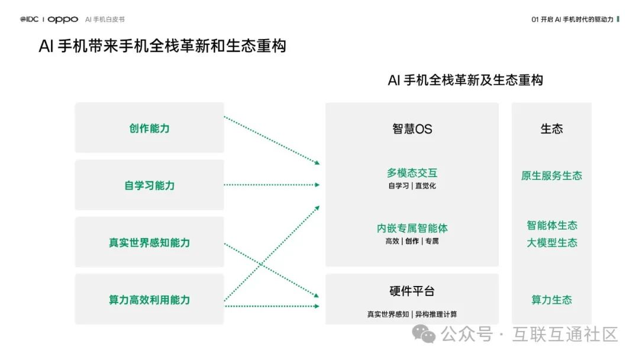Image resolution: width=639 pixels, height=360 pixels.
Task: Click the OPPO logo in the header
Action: (63, 20)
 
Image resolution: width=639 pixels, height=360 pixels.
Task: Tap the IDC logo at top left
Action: (29, 20)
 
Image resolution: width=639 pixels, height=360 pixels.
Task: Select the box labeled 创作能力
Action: (149, 128)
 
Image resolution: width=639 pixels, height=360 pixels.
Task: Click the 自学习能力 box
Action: (149, 185)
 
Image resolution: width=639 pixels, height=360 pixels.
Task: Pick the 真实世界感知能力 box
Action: (149, 243)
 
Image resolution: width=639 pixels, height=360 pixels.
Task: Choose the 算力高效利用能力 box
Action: (149, 300)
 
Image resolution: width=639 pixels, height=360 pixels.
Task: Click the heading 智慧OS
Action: (412, 128)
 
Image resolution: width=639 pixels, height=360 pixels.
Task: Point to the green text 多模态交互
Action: (412, 173)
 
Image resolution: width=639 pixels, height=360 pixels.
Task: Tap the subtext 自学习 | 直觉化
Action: (412, 186)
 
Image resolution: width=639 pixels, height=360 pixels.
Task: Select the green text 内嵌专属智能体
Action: (412, 228)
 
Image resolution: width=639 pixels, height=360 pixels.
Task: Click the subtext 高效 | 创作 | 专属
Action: (412, 241)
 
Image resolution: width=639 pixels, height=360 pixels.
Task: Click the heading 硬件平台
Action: (412, 291)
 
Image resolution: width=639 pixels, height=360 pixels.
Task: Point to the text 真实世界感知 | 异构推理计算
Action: (412, 314)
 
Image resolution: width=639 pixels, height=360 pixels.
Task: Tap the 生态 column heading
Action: (551, 128)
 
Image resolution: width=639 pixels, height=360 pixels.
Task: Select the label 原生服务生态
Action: (551, 176)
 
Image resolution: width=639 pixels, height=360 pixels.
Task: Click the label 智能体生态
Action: (551, 226)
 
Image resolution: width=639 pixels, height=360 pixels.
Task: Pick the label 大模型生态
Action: (551, 243)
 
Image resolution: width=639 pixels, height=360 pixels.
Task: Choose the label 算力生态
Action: (551, 300)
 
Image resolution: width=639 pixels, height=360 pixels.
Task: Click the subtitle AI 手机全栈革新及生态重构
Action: (465, 80)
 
